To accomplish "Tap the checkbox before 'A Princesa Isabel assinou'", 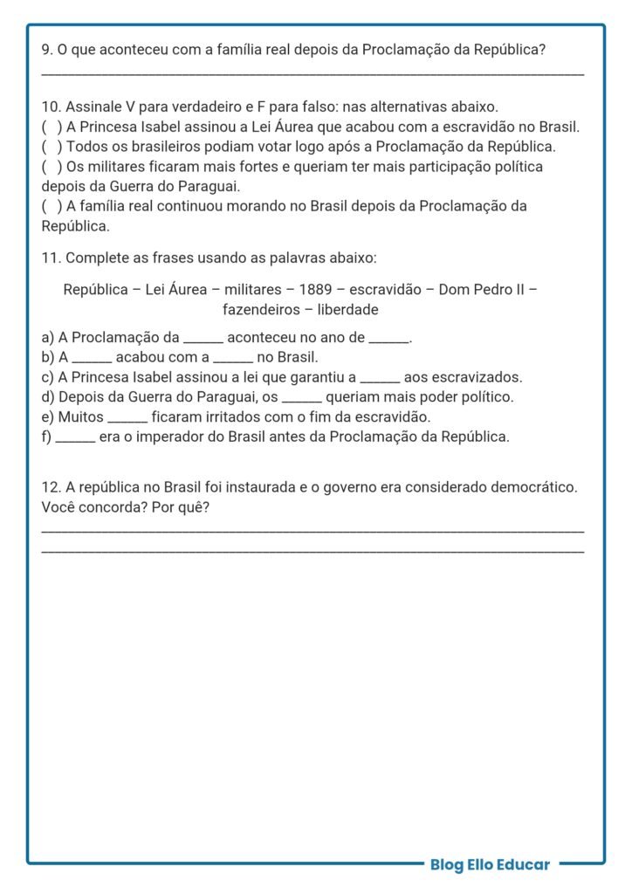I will (x=52, y=127).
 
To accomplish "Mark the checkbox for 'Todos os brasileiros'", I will (x=52, y=147).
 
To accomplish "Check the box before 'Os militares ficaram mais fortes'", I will (x=52, y=167).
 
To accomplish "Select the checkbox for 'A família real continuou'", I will (x=52, y=207).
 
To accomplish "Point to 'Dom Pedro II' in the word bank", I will (x=482, y=290).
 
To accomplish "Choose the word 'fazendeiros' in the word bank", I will (x=258, y=310).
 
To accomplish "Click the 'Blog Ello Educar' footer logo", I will (x=490, y=865).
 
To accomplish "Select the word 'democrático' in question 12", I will (x=536, y=487).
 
